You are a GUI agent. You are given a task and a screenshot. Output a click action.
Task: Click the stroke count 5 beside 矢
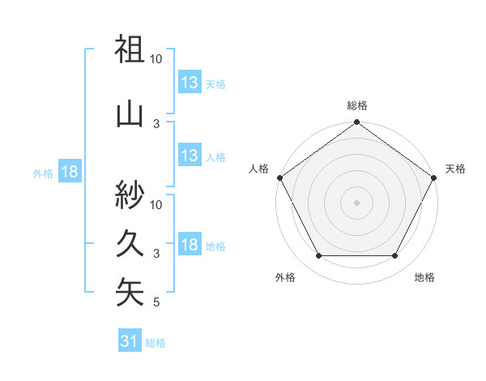pos(156,303)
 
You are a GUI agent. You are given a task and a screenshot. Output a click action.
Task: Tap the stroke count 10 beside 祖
pos(156,59)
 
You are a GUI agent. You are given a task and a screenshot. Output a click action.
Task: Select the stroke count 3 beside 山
pos(156,123)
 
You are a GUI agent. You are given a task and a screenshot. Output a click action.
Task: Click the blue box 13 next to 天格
pos(189,83)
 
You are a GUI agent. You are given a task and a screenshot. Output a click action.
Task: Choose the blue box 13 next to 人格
pos(189,156)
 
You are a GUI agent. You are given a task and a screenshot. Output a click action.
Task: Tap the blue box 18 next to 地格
pos(189,245)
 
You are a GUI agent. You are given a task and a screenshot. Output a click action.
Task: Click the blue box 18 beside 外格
pos(70,172)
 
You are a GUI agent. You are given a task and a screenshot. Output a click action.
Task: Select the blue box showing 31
pos(130,341)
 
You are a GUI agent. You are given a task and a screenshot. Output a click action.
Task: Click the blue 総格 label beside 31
pos(156,343)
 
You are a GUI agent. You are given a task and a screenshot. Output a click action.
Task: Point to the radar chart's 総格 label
pos(357,105)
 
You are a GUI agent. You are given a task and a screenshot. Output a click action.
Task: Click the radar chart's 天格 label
pos(455,169)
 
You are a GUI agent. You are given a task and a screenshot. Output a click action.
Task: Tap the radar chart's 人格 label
pos(259,169)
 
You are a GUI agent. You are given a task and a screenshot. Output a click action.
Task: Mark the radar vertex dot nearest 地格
pos(395,256)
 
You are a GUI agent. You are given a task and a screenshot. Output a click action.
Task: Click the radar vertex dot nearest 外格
pos(318,256)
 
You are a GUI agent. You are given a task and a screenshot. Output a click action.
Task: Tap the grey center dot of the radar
pos(356,203)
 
